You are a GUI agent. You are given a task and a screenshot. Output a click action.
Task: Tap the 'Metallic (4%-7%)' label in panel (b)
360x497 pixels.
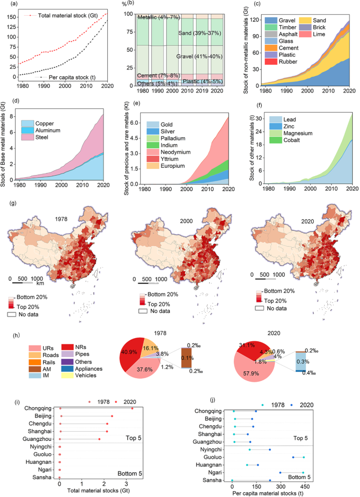coord(159,17)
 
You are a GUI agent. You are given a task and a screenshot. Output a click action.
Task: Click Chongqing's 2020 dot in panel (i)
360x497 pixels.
coord(132,408)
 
